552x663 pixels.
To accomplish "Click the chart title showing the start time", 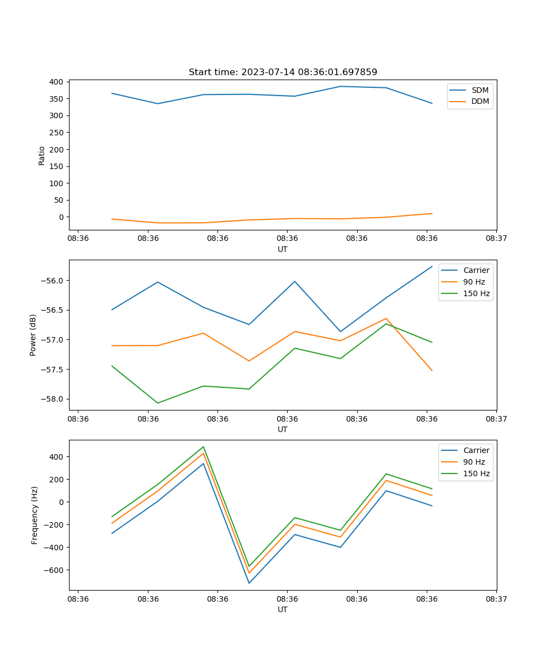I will click(x=283, y=72).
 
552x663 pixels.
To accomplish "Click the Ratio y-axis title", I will click(x=42, y=155).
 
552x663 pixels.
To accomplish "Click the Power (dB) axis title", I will click(x=33, y=335).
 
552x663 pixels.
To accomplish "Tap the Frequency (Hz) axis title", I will click(x=34, y=515).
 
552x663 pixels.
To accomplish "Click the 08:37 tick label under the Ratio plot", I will click(x=496, y=239).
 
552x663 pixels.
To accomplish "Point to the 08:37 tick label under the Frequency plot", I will click(x=496, y=599).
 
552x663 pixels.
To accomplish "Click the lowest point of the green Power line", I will click(x=158, y=403).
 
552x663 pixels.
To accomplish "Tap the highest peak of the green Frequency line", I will click(x=204, y=446).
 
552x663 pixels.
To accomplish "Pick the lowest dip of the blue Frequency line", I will click(x=249, y=583).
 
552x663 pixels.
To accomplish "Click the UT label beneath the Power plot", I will click(x=283, y=429).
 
